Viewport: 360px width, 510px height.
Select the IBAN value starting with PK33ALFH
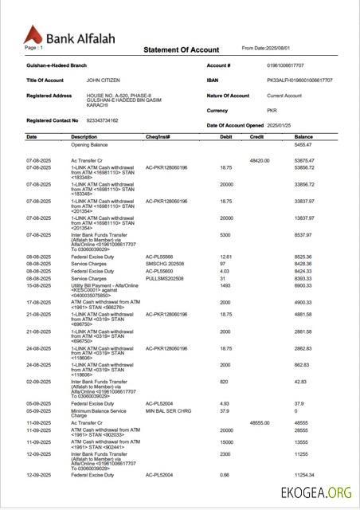pos(299,80)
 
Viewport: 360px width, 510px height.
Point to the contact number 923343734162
pos(102,120)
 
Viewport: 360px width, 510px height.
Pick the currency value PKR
pos(272,111)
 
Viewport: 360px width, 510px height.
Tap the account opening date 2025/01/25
pos(280,126)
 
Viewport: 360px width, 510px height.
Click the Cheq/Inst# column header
pos(158,137)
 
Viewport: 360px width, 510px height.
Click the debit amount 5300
pos(225,235)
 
